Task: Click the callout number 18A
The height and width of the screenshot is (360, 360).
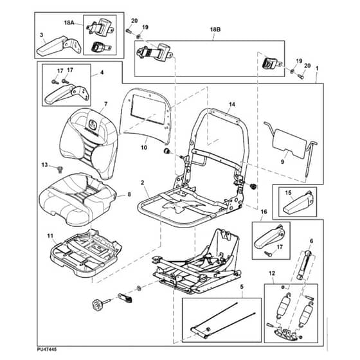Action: click(69, 22)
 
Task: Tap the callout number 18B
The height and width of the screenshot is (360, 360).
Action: click(215, 30)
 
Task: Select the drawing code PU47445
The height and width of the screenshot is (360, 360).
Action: click(46, 349)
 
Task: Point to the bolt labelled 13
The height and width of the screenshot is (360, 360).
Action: click(60, 170)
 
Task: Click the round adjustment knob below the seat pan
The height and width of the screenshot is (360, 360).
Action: click(96, 305)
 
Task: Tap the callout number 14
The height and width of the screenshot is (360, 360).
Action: click(232, 104)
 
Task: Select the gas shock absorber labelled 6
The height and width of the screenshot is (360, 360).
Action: click(303, 265)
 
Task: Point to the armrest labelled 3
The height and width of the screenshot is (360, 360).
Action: click(59, 46)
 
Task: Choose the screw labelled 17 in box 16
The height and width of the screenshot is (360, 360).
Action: click(267, 253)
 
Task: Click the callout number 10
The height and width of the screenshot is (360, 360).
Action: click(144, 147)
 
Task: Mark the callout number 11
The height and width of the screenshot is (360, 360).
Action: click(50, 236)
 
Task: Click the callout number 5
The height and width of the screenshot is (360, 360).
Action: click(242, 287)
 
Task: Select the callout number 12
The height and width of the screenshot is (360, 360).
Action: click(272, 273)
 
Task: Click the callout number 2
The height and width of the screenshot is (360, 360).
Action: click(142, 183)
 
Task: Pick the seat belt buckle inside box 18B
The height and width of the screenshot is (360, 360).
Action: click(272, 64)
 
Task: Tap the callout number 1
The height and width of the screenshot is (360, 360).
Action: click(317, 68)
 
